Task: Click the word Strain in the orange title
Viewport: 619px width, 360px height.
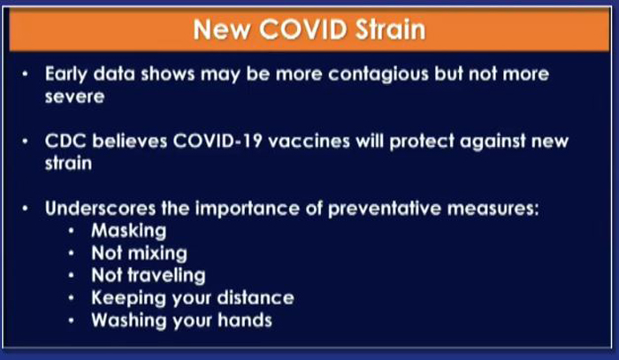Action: click(x=391, y=29)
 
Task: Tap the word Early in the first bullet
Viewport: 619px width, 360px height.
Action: click(x=66, y=74)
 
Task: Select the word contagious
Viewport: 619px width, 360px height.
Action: click(x=378, y=74)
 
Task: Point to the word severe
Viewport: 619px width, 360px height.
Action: click(x=74, y=96)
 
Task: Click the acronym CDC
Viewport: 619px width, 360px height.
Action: click(x=65, y=141)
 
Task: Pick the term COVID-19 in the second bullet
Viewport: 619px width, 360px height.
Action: click(x=218, y=141)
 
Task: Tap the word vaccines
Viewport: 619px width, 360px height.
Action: click(x=309, y=141)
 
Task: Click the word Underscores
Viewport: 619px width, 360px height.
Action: click(x=100, y=208)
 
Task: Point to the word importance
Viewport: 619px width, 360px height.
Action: click(x=248, y=209)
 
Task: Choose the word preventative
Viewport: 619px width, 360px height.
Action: click(x=385, y=209)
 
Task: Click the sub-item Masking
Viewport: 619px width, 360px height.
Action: click(x=129, y=232)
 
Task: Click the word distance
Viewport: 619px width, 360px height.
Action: click(x=256, y=297)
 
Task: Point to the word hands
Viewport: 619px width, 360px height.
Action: click(x=245, y=320)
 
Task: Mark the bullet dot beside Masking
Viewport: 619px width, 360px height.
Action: click(x=71, y=231)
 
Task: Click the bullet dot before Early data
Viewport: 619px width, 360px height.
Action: click(x=26, y=73)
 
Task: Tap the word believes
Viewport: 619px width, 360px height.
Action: click(x=130, y=141)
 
